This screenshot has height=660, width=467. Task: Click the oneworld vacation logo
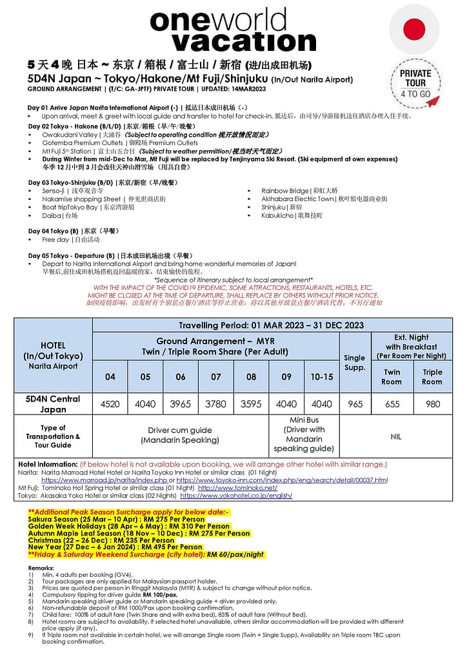pyautogui.click(x=233, y=30)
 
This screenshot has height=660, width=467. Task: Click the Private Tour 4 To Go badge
pyautogui.click(x=415, y=83)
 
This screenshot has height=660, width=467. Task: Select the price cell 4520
pyautogui.click(x=110, y=404)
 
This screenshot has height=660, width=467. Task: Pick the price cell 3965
pyautogui.click(x=181, y=404)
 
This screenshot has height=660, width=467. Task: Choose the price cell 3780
pyautogui.click(x=216, y=404)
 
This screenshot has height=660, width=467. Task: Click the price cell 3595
pyautogui.click(x=251, y=404)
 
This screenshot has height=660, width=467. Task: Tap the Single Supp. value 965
pyautogui.click(x=355, y=404)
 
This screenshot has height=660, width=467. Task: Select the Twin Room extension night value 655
pyautogui.click(x=392, y=404)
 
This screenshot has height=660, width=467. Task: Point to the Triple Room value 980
pyautogui.click(x=432, y=404)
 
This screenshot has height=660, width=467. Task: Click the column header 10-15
pyautogui.click(x=321, y=377)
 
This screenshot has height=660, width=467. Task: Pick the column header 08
pyautogui.click(x=251, y=377)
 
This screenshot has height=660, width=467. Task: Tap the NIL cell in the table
pyautogui.click(x=395, y=436)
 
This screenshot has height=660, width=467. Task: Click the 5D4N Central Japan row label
pyautogui.click(x=53, y=404)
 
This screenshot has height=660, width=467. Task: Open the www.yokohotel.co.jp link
pyautogui.click(x=236, y=496)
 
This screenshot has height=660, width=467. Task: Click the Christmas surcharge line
pyautogui.click(x=101, y=540)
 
